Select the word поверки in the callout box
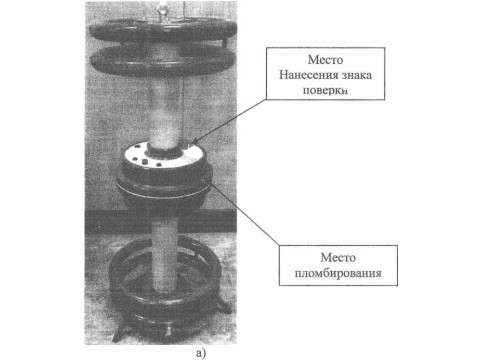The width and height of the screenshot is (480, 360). (325, 90)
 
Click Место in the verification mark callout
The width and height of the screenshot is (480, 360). (325, 60)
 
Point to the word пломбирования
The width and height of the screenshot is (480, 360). (338, 273)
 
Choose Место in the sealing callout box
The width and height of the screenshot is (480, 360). (338, 257)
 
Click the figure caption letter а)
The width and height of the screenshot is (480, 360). (201, 353)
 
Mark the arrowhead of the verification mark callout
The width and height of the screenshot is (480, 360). (193, 143)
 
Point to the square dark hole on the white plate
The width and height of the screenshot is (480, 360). (144, 161)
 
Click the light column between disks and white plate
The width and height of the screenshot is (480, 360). (164, 112)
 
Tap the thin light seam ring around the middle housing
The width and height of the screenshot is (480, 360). (163, 191)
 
